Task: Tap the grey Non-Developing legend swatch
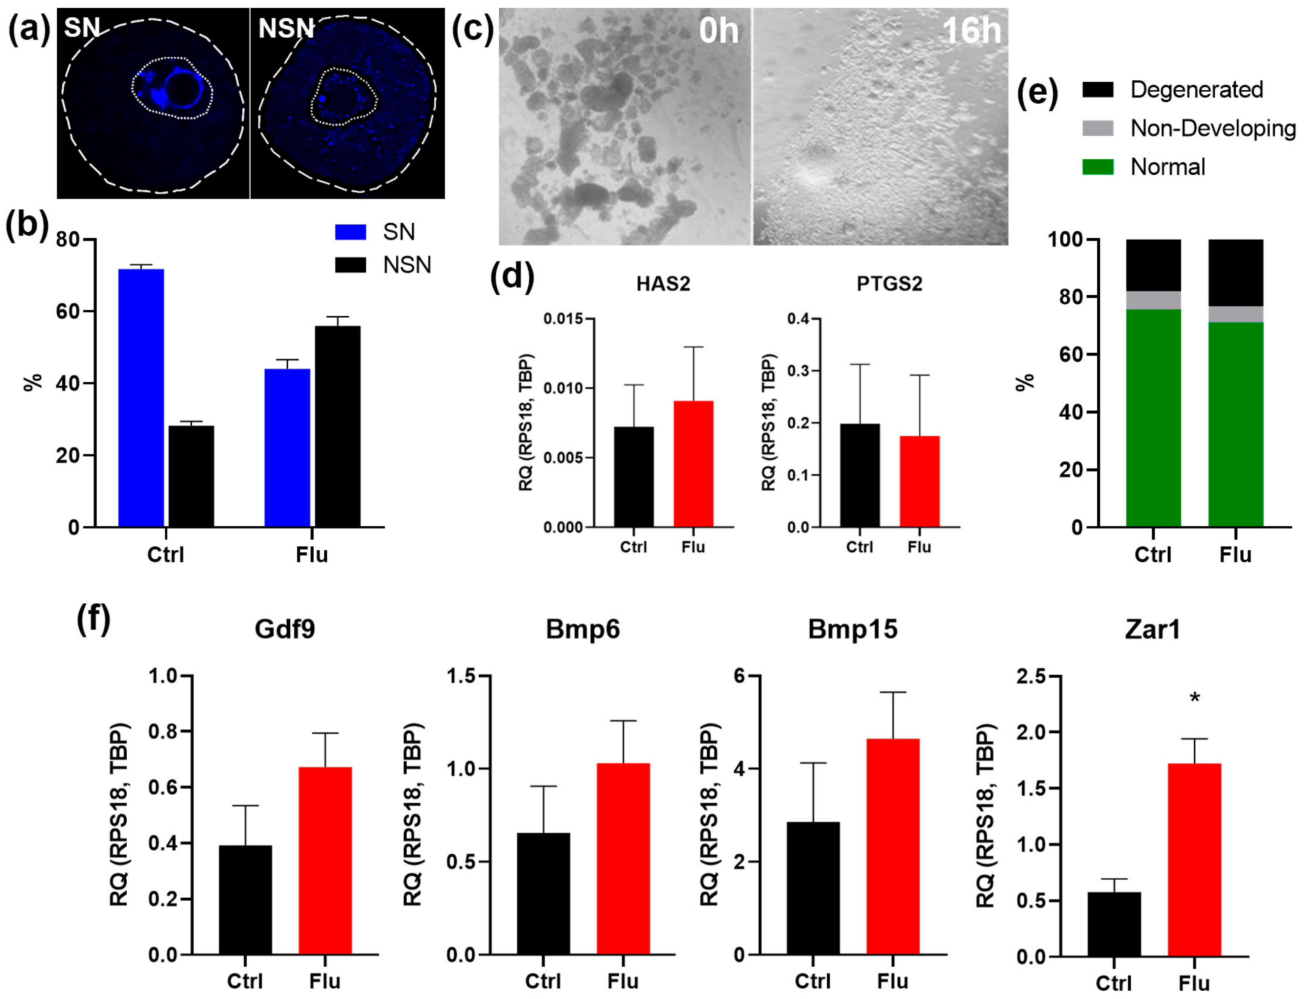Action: pyautogui.click(x=1098, y=128)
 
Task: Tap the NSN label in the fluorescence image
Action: pyautogui.click(x=286, y=28)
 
